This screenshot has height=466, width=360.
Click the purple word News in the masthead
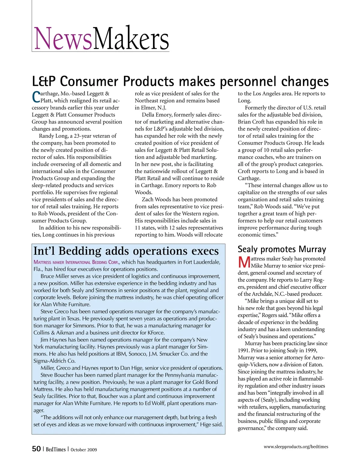63,39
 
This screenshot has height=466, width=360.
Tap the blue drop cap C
36,96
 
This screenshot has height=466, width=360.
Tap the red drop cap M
244,262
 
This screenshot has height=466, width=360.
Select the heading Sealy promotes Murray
282,249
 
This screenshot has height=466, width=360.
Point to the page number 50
36,449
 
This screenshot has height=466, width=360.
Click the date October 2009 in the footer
84,449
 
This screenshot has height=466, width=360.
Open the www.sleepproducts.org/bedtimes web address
296,446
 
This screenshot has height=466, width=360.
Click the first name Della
148,115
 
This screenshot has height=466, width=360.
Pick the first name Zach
148,199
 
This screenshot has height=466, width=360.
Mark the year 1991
243,350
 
